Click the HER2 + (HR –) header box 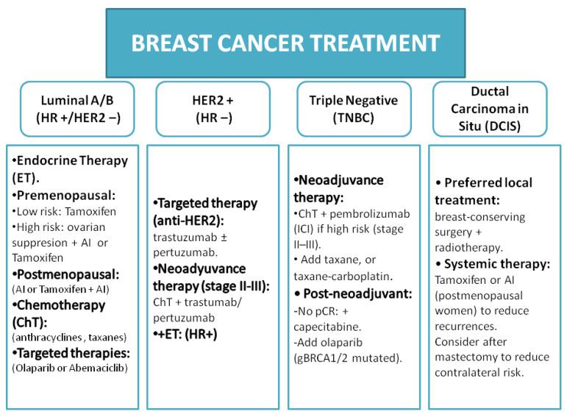[213, 109]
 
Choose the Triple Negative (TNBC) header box [354, 109]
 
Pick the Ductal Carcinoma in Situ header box [490, 109]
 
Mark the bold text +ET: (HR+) [187, 332]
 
